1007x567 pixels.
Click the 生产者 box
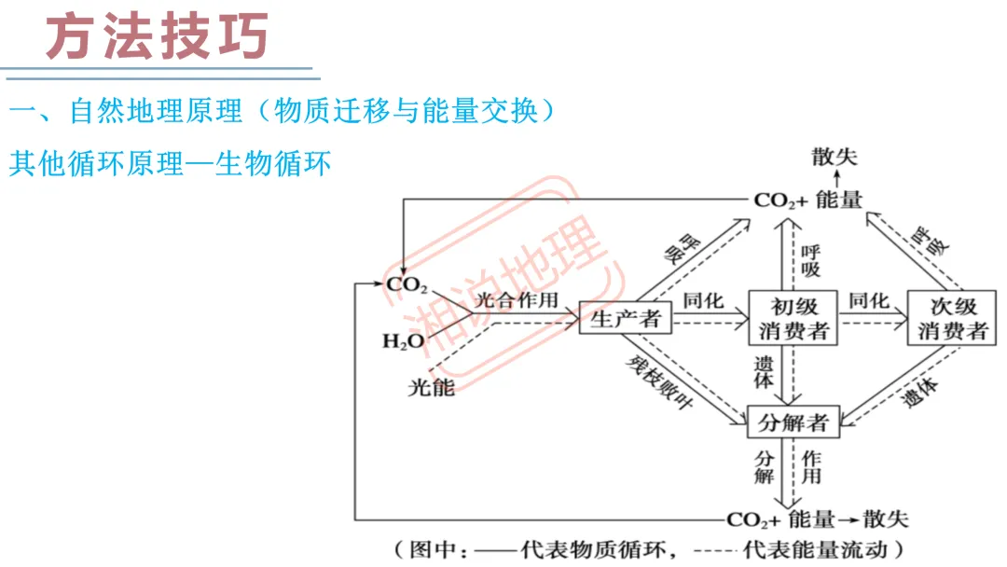[x=626, y=319]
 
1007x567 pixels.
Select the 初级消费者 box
[x=793, y=318]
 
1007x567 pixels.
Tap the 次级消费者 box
[x=952, y=318]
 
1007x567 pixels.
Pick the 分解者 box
[x=793, y=422]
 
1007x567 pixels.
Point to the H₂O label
[x=403, y=342]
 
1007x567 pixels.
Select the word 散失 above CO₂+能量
[x=834, y=157]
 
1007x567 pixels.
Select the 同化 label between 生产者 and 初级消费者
[x=706, y=300]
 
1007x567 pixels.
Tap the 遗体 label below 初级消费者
[x=764, y=373]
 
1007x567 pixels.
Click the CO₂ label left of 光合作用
[x=407, y=284]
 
